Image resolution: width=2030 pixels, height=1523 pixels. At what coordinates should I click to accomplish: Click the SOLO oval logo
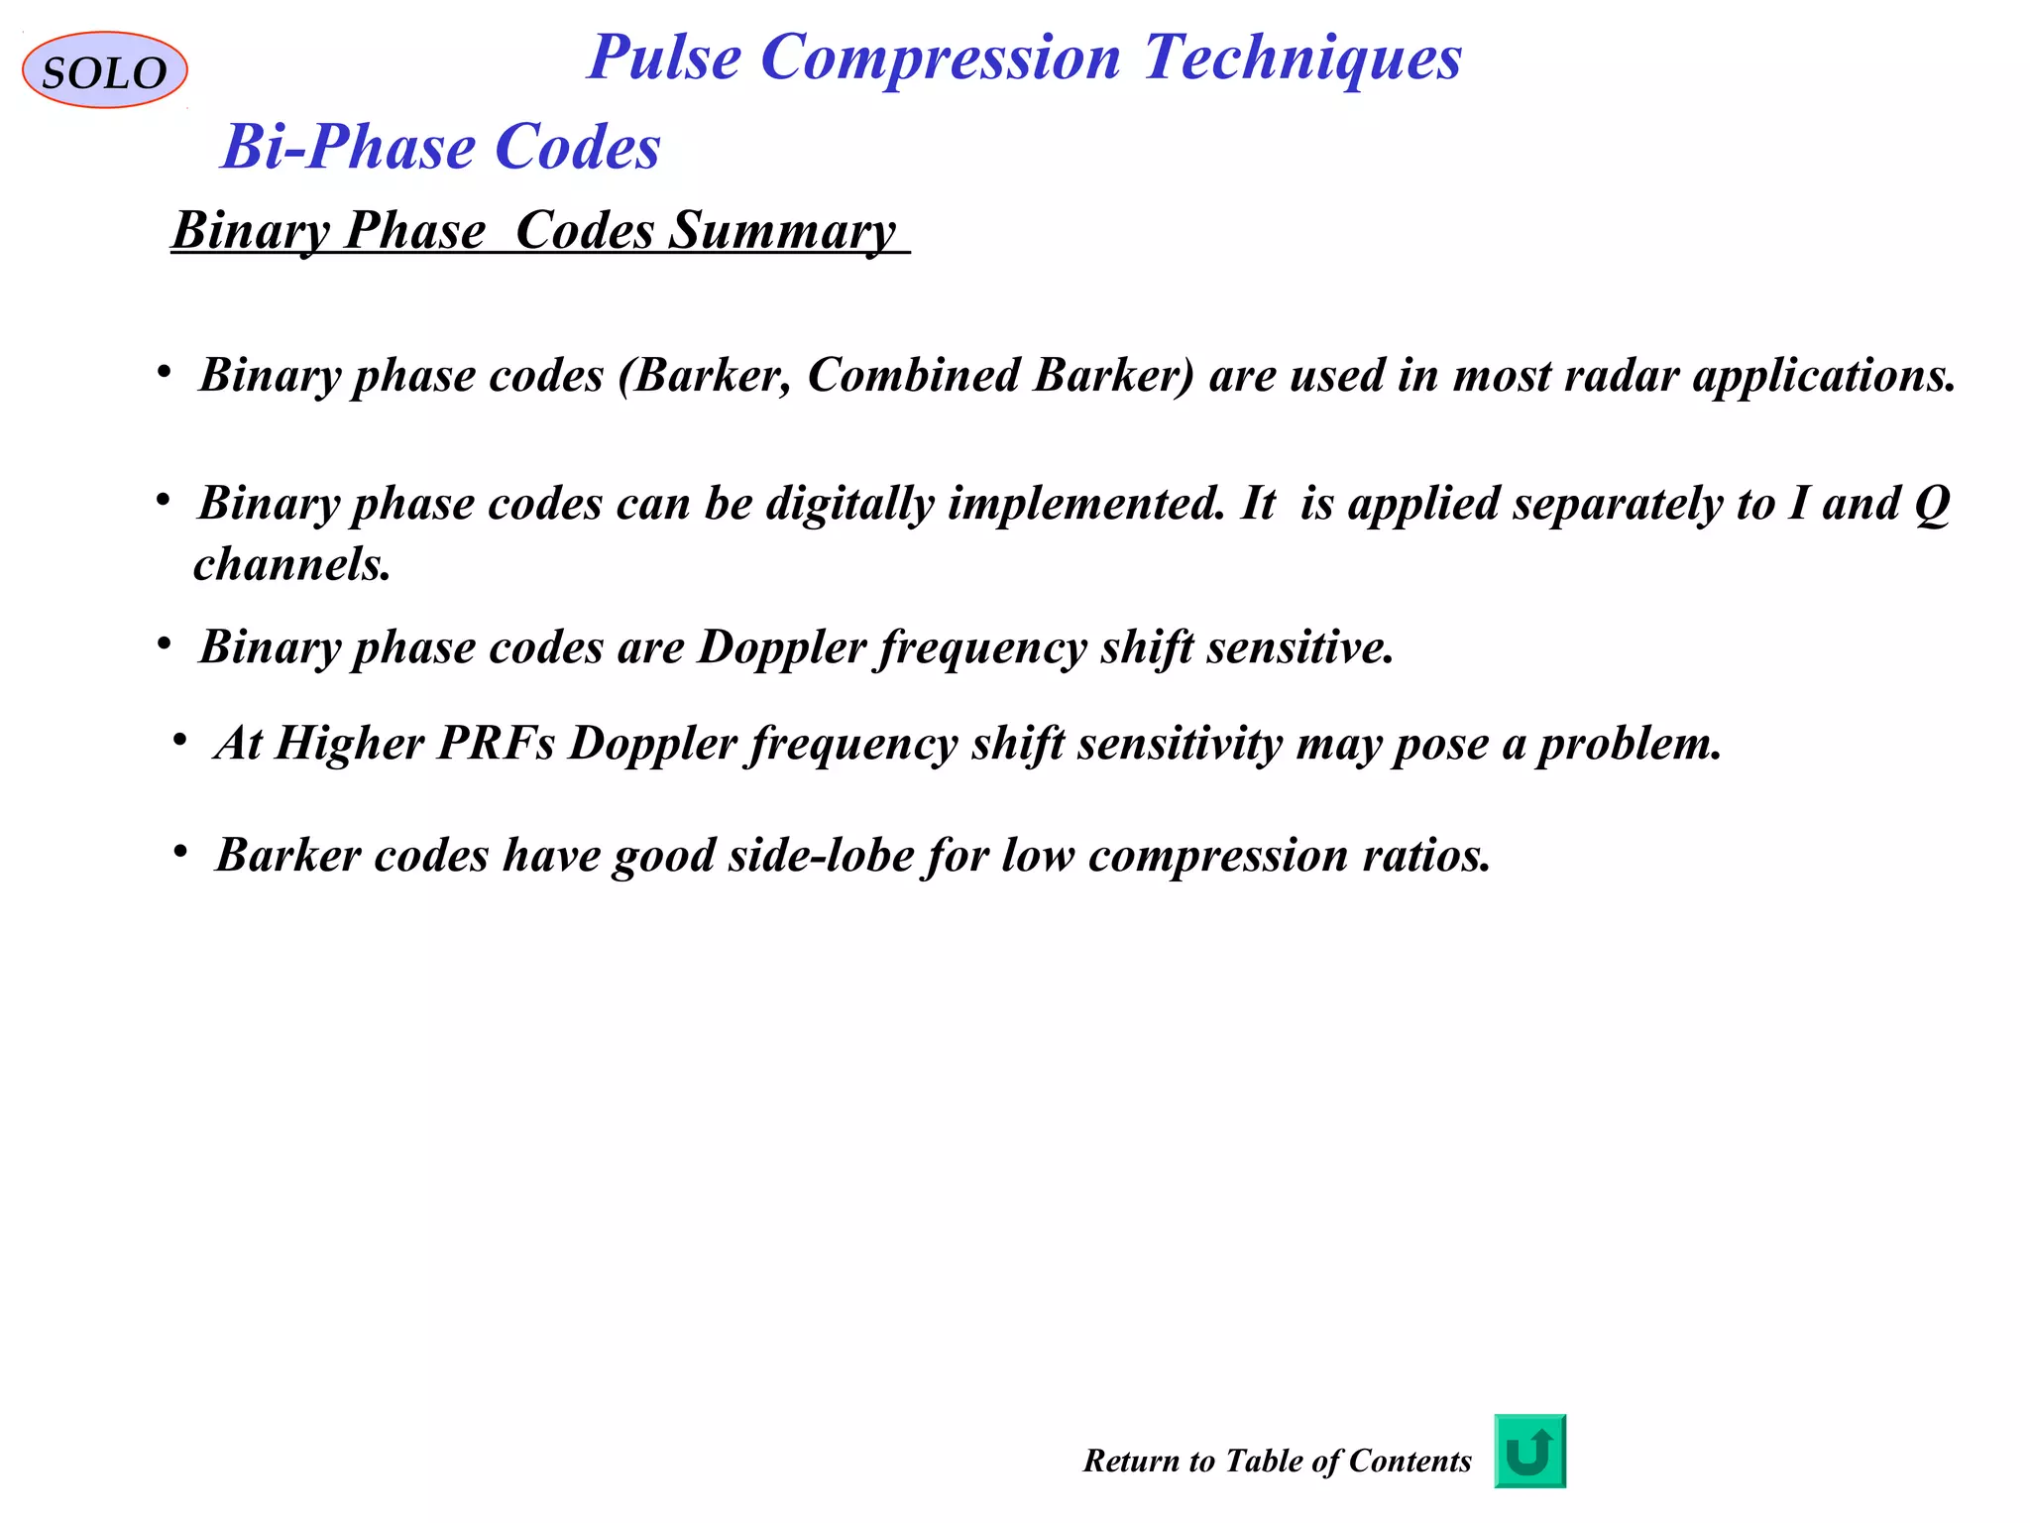tap(104, 70)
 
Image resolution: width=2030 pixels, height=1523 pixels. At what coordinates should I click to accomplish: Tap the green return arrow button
tap(1529, 1452)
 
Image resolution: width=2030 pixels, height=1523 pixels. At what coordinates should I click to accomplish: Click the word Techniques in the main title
tap(1302, 58)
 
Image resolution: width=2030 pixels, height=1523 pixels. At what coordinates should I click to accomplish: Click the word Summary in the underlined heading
tap(782, 231)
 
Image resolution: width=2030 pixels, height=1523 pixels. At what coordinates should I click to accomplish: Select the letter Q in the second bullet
tap(1931, 504)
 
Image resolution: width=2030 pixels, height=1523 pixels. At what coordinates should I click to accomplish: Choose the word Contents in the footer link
tap(1410, 1461)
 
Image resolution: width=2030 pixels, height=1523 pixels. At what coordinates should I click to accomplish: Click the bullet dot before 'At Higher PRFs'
tap(179, 740)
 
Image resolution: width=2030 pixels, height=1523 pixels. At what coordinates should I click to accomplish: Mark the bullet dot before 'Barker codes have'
tap(179, 852)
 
